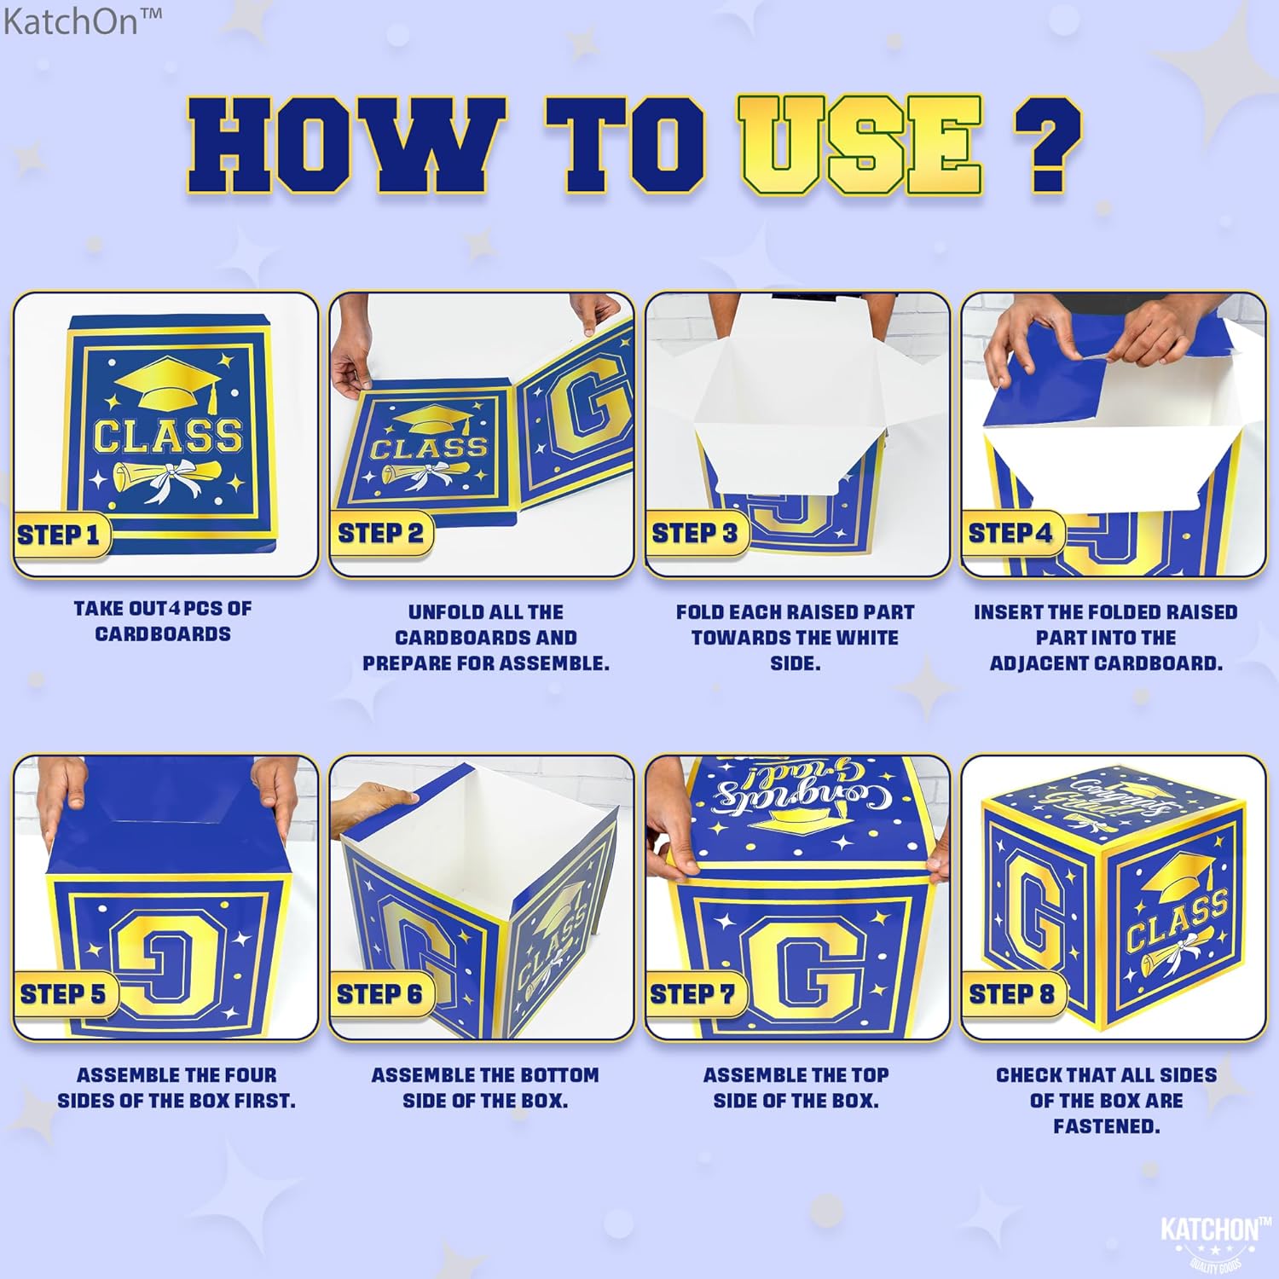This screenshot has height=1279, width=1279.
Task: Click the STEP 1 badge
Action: click(x=59, y=535)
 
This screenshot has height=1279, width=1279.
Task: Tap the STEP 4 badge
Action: click(x=1011, y=534)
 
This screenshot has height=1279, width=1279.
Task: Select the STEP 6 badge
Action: click(x=379, y=994)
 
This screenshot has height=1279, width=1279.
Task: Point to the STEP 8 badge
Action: click(x=1012, y=994)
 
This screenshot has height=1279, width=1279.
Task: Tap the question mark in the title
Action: click(x=1048, y=145)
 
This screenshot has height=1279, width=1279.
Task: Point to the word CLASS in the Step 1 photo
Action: click(x=167, y=435)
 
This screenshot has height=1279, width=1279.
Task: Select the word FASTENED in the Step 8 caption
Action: click(x=1106, y=1126)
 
